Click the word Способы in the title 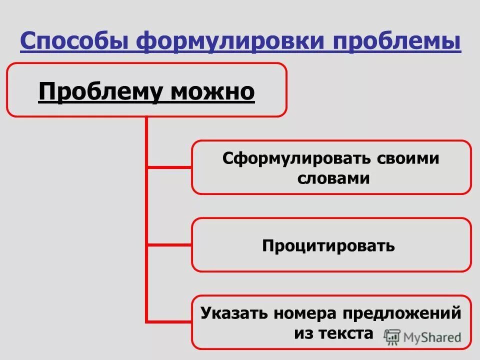tap(74, 41)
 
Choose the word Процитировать tap(328, 245)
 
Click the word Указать tap(233, 313)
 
